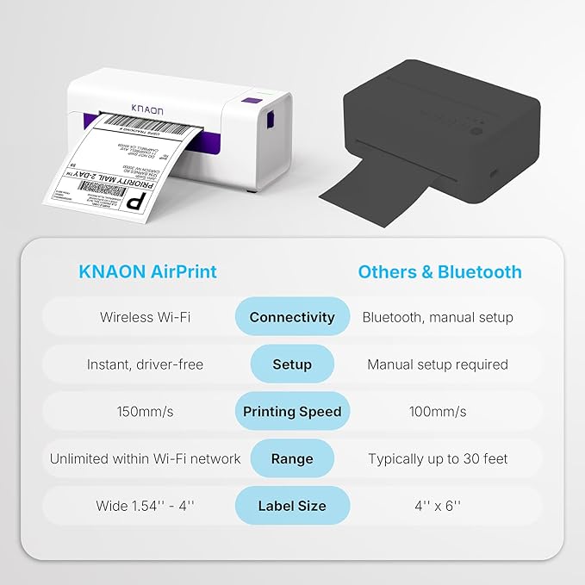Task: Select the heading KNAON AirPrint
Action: (x=147, y=272)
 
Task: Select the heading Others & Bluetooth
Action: (x=439, y=272)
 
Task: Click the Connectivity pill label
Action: (x=292, y=317)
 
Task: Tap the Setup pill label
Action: (x=292, y=364)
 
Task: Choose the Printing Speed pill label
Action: (x=292, y=412)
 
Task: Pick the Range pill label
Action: (x=292, y=458)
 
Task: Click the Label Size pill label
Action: (x=292, y=506)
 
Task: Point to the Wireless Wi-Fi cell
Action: (x=145, y=317)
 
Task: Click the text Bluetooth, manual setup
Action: (x=438, y=317)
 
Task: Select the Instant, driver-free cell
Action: (x=145, y=364)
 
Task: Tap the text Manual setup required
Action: (x=438, y=364)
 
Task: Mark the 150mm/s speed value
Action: (x=145, y=412)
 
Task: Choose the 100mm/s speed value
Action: (x=438, y=412)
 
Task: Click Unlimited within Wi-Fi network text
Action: (x=145, y=458)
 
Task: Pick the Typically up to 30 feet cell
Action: (x=438, y=458)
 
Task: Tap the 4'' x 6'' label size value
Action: (x=438, y=506)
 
